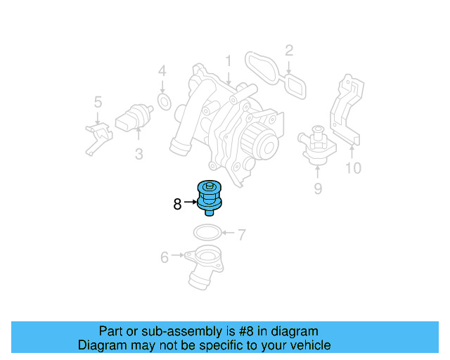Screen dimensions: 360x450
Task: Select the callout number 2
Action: click(288, 50)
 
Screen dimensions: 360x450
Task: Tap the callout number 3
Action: click(139, 154)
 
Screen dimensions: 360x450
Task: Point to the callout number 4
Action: click(162, 71)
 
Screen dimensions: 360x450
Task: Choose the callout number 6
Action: click(165, 258)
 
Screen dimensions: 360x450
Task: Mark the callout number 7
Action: click(241, 234)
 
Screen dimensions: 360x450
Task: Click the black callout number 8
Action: click(177, 204)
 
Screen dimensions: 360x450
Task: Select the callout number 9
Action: click(317, 188)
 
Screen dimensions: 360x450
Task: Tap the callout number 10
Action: click(352, 168)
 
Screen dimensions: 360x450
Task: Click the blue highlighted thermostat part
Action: click(210, 197)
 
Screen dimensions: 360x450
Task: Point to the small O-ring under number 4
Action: click(163, 103)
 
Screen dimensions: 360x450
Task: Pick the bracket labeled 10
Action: click(347, 112)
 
